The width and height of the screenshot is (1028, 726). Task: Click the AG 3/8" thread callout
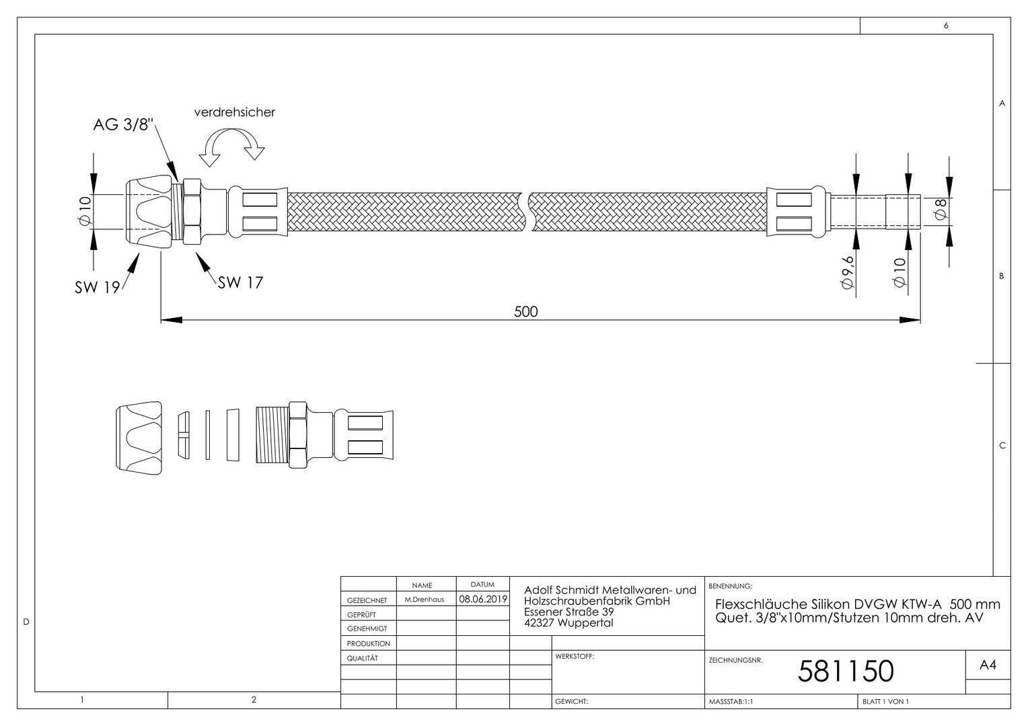click(123, 124)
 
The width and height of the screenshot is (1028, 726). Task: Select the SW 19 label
click(98, 288)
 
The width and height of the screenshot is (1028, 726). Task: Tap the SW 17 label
click(240, 282)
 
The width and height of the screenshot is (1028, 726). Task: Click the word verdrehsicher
click(235, 112)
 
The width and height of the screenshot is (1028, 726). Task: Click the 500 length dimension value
click(526, 312)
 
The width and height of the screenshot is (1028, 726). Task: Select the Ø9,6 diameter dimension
click(847, 272)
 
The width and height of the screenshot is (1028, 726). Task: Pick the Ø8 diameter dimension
click(941, 209)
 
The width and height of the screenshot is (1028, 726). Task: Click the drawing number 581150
click(846, 672)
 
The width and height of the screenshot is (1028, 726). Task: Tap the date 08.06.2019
click(483, 599)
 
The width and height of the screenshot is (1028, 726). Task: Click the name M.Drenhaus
click(425, 600)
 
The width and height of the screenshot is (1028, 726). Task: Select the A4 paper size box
click(988, 665)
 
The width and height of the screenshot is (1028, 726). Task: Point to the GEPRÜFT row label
click(361, 615)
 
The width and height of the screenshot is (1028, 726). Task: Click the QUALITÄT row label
click(363, 658)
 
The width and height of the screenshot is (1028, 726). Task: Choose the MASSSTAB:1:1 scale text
click(731, 702)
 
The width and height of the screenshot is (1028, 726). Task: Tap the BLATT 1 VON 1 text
click(886, 702)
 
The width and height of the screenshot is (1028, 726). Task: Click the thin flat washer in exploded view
click(208, 435)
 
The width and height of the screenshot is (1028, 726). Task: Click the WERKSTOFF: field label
click(575, 656)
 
